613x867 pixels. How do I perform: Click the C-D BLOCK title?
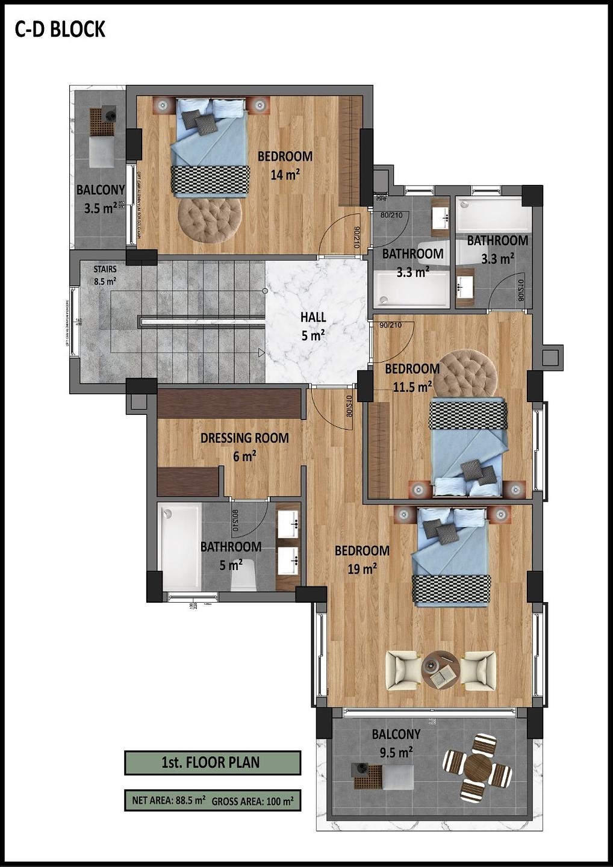tap(60, 29)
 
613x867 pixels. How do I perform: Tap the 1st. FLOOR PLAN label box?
tap(212, 762)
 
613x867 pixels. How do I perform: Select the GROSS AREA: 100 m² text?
tap(252, 801)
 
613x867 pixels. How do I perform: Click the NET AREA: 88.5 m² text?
tap(169, 801)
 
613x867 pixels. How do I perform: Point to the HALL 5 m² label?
tap(313, 326)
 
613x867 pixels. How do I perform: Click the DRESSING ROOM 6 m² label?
tap(244, 447)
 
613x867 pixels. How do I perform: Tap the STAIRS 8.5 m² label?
tap(105, 275)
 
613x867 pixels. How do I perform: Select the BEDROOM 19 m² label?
tap(362, 559)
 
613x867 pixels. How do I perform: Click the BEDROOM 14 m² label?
tap(285, 165)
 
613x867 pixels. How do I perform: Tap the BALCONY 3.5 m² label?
tap(100, 199)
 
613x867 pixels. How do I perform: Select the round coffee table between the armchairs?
tap(440, 670)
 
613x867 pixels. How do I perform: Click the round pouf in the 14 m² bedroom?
tap(210, 220)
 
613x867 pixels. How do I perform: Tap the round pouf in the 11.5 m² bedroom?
tap(465, 373)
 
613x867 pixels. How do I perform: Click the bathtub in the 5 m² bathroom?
tap(181, 547)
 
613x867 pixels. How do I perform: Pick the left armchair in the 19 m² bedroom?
tap(403, 670)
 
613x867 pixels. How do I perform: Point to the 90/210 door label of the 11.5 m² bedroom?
tap(390, 325)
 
